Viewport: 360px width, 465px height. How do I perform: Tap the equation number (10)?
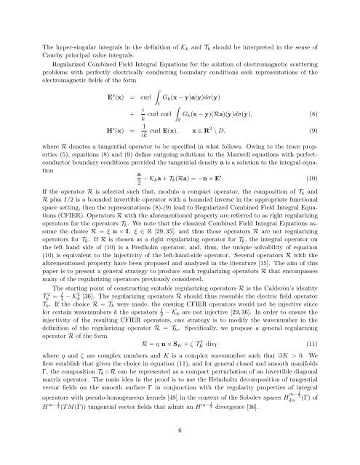click(313, 199)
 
